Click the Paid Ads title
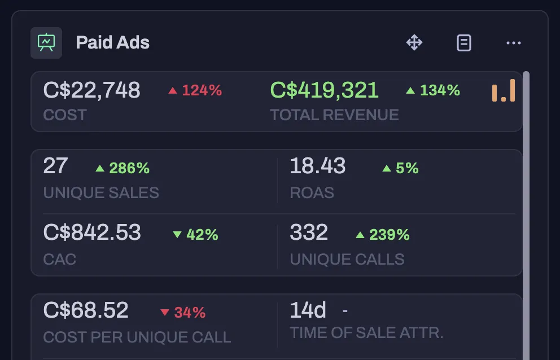coord(112,42)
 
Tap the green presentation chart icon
coord(46,42)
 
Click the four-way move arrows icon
coord(414,42)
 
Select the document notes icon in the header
coord(464,43)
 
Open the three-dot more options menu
coord(514,43)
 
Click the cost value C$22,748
coord(92,90)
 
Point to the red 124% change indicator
coord(195,90)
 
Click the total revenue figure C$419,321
coord(324,90)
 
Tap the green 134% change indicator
coord(433,90)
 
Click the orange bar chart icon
coord(504,90)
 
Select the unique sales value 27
coord(55,166)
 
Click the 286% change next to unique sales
coord(123,168)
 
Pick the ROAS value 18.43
coord(317,166)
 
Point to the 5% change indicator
coord(400,168)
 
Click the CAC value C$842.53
coord(92,232)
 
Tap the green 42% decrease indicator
coord(195,235)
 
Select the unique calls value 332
coord(309,232)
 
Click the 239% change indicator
coord(383,235)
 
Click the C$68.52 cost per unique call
coord(86,310)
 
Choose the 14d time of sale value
coord(308,310)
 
